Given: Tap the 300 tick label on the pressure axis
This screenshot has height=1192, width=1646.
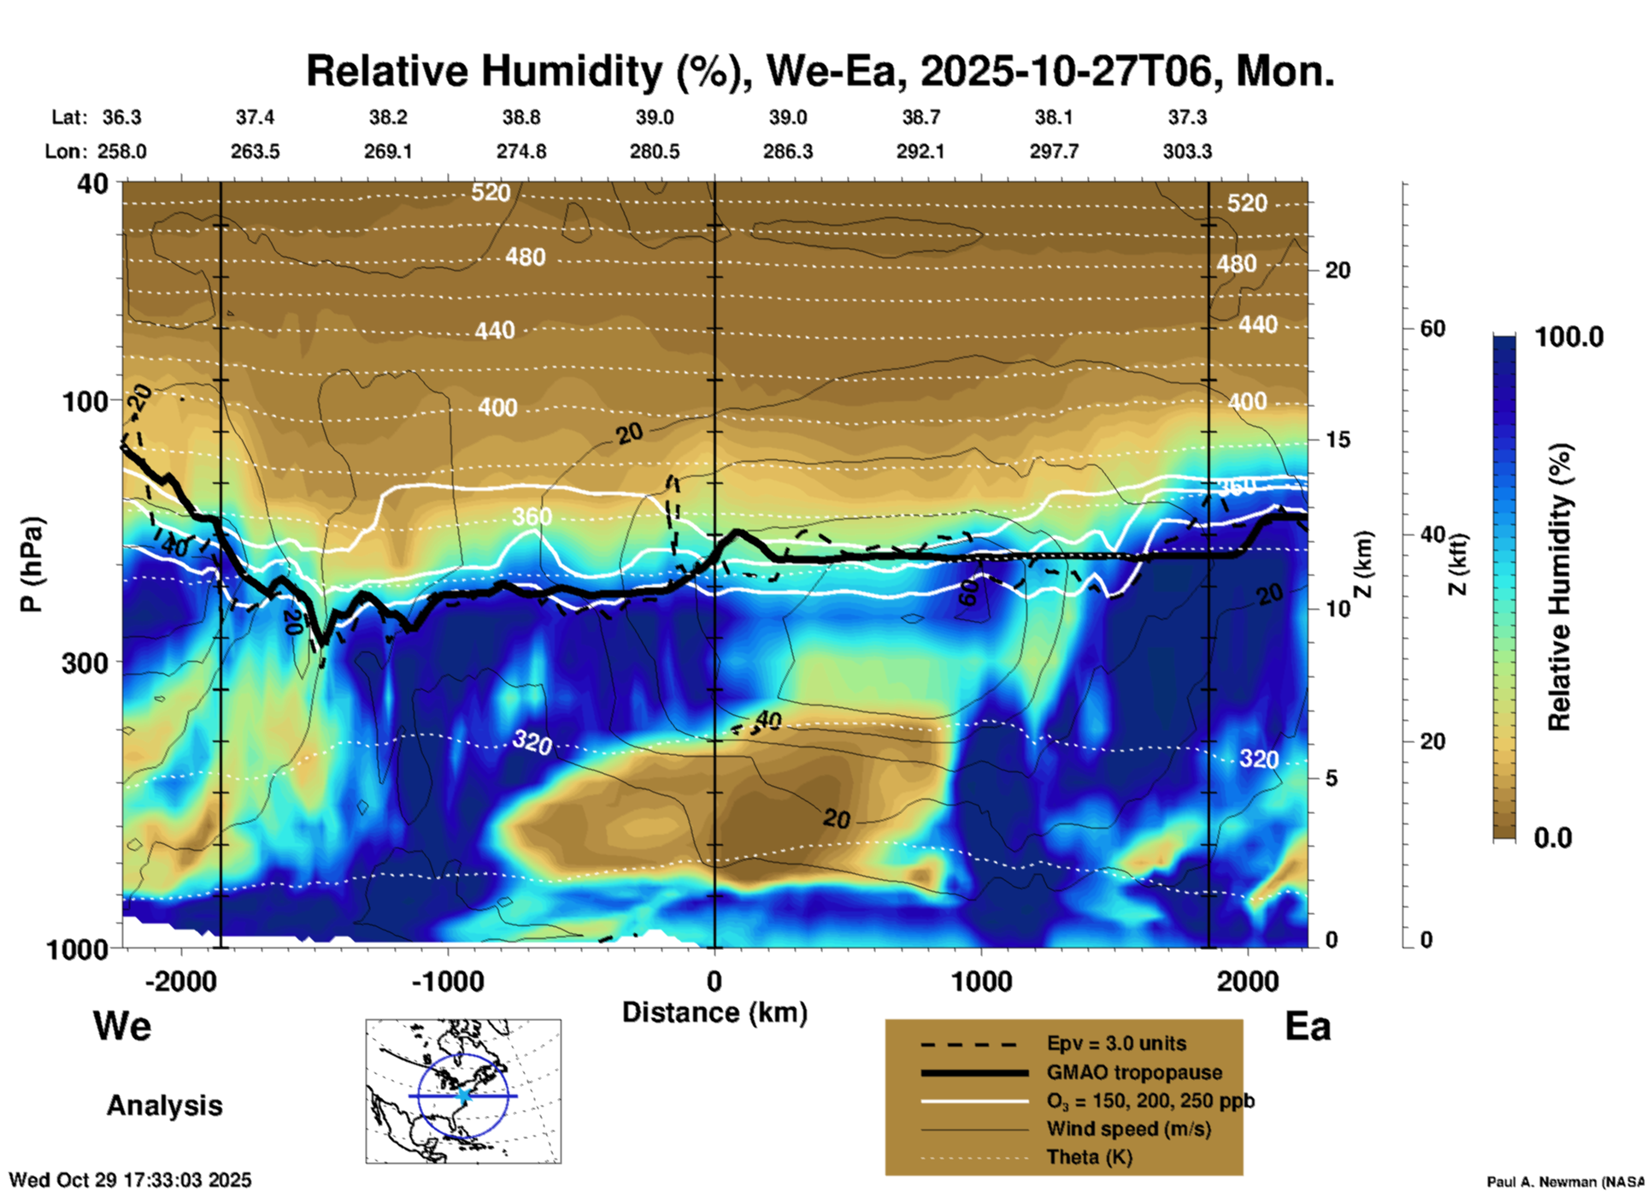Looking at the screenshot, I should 85,663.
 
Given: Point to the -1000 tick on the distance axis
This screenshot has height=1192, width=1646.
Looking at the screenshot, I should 448,981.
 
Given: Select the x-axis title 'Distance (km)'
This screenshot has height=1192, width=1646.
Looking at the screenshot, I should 714,1012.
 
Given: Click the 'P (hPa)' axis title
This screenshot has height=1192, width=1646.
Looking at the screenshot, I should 31,564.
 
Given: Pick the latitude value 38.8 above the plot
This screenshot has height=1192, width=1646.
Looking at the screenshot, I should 520,117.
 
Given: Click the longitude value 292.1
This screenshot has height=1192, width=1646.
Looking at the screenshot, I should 920,151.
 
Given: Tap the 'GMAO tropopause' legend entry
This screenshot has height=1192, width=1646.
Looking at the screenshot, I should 1134,1072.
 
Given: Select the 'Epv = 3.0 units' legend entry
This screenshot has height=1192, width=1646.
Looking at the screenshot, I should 1116,1043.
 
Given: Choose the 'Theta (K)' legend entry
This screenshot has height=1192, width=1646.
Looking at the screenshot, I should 1089,1157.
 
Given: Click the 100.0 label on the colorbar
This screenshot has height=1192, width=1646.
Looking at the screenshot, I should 1569,337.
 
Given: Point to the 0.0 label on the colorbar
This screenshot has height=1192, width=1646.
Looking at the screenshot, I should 1553,837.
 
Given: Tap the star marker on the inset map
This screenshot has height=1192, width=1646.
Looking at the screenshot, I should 463,1095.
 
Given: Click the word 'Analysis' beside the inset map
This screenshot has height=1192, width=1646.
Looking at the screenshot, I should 164,1105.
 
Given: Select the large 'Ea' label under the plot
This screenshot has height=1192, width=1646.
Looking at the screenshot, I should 1308,1026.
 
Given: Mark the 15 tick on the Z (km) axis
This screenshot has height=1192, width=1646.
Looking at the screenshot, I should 1337,440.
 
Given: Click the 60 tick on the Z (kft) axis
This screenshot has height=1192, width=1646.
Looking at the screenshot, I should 1432,328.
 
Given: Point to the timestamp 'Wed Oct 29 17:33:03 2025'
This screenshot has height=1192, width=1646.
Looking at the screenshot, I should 130,1180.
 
